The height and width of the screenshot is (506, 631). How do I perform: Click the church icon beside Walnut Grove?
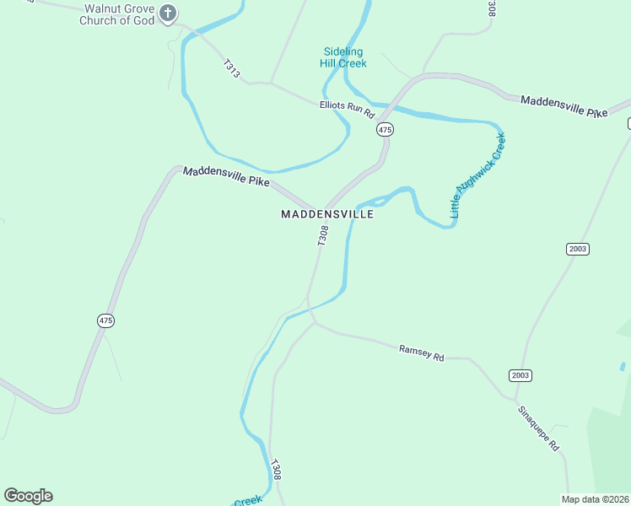[x=169, y=13]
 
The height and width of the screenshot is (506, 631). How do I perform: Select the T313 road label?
[x=232, y=69]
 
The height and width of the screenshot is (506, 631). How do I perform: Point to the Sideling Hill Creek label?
[x=343, y=57]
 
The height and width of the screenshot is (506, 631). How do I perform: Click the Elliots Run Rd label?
[x=346, y=108]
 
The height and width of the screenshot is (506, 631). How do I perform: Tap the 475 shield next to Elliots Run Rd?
[x=385, y=129]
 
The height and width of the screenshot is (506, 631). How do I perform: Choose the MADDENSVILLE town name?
[x=326, y=215]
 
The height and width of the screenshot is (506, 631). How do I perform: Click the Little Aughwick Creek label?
[x=477, y=175]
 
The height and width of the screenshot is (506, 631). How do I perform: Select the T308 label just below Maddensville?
[x=322, y=235]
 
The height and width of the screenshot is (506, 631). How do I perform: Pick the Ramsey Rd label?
[x=421, y=352]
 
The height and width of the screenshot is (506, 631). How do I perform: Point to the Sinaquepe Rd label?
[x=539, y=427]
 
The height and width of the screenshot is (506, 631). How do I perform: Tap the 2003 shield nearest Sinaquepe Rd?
[x=520, y=375]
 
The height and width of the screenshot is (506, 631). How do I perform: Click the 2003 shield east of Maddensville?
[x=578, y=249]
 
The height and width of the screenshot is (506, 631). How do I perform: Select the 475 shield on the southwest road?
[x=105, y=320]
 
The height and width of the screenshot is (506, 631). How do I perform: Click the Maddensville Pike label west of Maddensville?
[x=225, y=176]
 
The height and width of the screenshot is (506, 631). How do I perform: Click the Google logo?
[x=28, y=496]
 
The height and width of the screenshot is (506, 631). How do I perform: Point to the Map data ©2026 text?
[x=596, y=499]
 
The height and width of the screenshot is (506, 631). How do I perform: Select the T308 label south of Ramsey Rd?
[x=275, y=470]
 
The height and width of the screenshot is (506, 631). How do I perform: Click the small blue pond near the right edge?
[x=623, y=367]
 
